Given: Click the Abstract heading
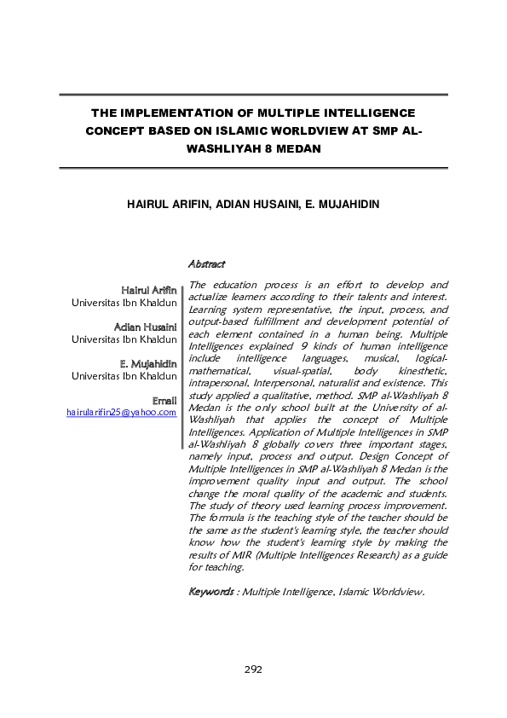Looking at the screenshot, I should (x=206, y=265).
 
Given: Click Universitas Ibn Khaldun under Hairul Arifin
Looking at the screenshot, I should (x=124, y=303).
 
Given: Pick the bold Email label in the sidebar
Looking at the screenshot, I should (x=164, y=400).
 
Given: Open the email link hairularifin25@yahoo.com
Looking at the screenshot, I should (x=122, y=413).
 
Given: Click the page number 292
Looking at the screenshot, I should (x=253, y=669).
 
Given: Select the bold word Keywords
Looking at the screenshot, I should (x=210, y=591).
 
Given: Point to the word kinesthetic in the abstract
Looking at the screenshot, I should (x=418, y=372).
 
